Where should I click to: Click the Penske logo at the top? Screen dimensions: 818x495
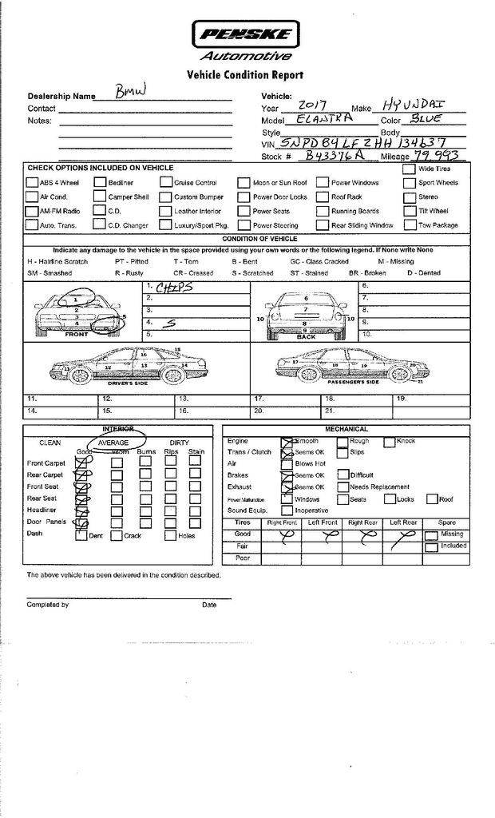click(x=245, y=34)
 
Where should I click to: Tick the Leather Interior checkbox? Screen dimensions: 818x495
click(x=166, y=212)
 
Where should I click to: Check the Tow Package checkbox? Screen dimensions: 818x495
click(x=409, y=225)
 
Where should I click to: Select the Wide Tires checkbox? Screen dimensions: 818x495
click(x=409, y=169)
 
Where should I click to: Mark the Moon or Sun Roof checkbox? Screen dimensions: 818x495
click(x=244, y=183)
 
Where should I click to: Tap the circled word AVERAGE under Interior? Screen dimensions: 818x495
click(x=113, y=442)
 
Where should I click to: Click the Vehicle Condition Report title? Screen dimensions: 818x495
click(x=244, y=75)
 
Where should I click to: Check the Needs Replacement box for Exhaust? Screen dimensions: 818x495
click(x=342, y=486)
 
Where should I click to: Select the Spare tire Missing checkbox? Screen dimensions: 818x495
click(x=431, y=534)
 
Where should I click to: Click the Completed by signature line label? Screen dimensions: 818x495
click(x=48, y=605)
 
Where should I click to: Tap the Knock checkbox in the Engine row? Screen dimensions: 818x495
click(x=390, y=441)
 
